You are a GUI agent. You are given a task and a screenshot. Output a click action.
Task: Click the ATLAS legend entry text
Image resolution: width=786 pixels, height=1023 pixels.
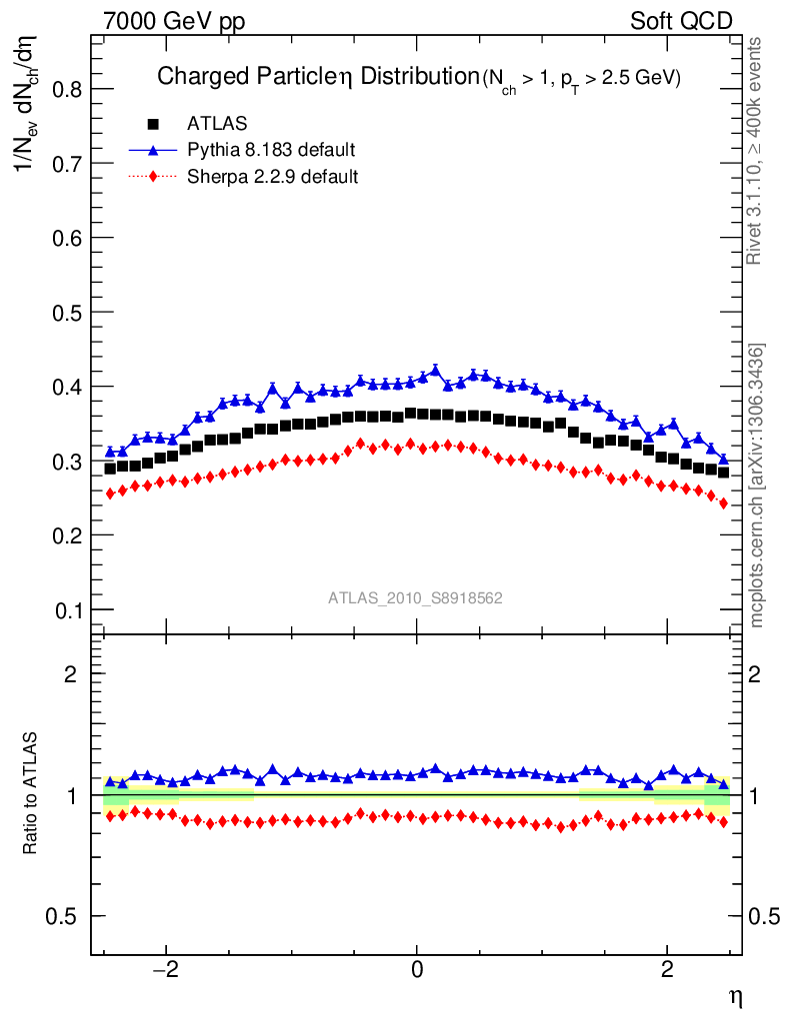click(x=217, y=124)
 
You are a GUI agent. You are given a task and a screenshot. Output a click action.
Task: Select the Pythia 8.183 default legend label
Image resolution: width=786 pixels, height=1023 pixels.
click(x=271, y=150)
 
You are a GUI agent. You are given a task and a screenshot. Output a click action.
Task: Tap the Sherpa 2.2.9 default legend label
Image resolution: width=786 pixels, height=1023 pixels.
click(x=273, y=177)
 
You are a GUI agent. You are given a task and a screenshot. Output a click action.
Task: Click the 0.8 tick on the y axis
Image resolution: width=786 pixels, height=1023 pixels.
click(x=66, y=89)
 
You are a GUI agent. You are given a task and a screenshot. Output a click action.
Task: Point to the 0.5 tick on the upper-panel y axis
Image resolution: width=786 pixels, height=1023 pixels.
click(x=66, y=312)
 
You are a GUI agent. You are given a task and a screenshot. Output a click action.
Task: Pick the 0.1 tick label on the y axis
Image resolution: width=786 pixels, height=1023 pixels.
click(x=66, y=609)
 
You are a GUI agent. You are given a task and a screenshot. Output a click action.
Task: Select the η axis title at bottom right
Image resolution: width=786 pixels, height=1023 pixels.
click(x=733, y=996)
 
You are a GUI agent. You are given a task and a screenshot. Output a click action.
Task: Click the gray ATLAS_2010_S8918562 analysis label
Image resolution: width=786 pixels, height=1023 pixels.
click(x=415, y=597)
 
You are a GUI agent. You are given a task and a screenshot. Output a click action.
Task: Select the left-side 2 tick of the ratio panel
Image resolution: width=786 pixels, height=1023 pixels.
click(x=72, y=673)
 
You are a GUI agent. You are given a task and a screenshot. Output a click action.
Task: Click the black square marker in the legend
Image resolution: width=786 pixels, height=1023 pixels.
click(x=154, y=124)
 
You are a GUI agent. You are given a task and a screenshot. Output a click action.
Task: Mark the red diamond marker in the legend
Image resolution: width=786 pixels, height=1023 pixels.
click(x=154, y=177)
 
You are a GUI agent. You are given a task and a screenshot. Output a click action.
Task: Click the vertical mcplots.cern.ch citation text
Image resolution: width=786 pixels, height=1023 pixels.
click(x=757, y=486)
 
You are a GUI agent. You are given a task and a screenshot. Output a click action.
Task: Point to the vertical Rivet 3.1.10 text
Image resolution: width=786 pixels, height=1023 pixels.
click(x=757, y=150)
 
